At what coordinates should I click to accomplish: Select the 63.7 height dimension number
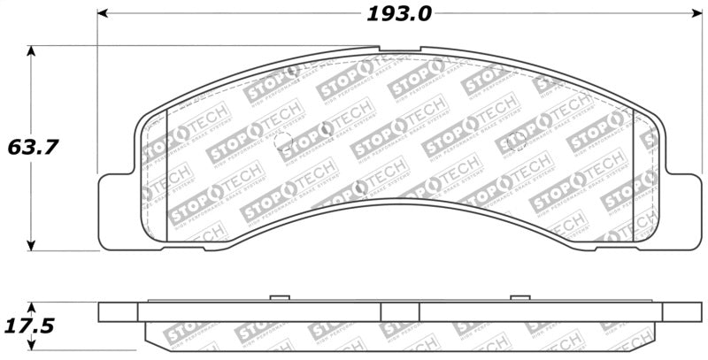click(33, 147)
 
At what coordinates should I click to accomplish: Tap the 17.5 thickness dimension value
click(30, 326)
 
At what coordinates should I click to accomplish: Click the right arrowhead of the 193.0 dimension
click(694, 14)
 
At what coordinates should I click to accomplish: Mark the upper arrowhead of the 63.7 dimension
click(33, 51)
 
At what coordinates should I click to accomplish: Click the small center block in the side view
click(399, 311)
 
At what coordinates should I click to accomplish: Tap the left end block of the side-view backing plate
click(118, 312)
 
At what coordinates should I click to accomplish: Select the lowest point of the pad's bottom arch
click(398, 200)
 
